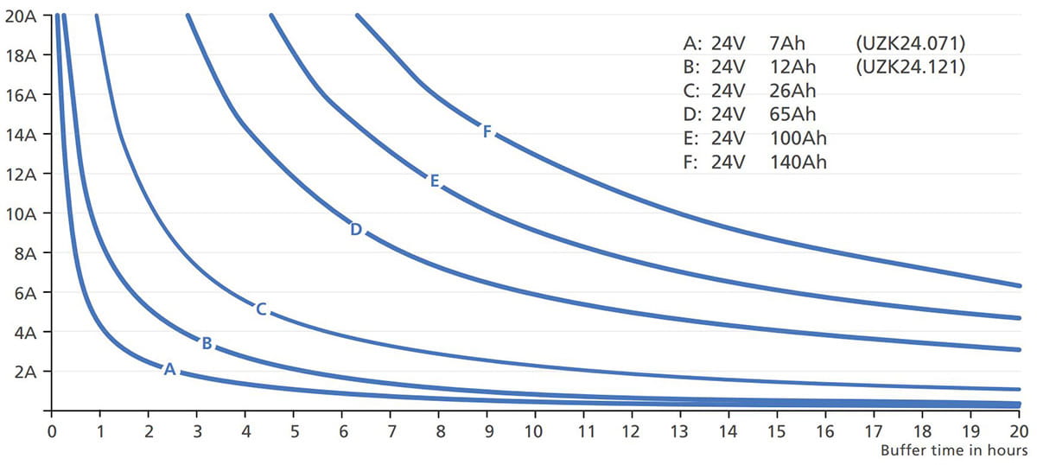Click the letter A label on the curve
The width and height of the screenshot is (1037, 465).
click(x=169, y=369)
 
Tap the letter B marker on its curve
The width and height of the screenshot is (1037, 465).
click(x=207, y=343)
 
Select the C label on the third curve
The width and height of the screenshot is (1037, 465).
click(x=261, y=308)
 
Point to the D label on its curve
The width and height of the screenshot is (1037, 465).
click(x=356, y=230)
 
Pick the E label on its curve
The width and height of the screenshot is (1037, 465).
click(x=435, y=181)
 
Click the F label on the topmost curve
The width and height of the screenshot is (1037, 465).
click(x=487, y=131)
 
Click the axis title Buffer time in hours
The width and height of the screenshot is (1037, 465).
click(x=953, y=450)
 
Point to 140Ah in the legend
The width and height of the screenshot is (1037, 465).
click(x=798, y=162)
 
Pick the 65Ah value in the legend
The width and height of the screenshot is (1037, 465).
click(x=792, y=114)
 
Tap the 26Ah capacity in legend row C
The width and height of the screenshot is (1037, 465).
click(x=792, y=90)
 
